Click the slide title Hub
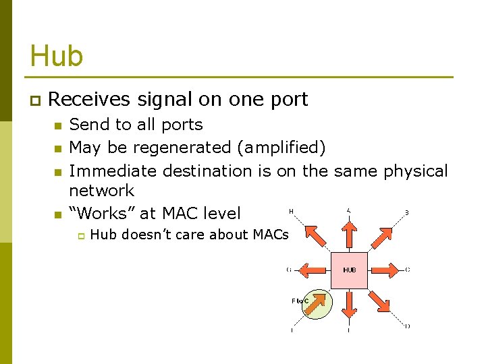pos(57,55)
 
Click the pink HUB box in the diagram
pos(349,270)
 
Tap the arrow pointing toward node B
pos(382,237)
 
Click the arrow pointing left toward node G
pos(312,270)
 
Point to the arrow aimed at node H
pos(316,237)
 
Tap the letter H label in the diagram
pos(291,212)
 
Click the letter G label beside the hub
pos(289,270)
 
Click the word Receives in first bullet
pos(89,100)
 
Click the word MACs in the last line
pos(271,235)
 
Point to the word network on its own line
pos(102,191)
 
